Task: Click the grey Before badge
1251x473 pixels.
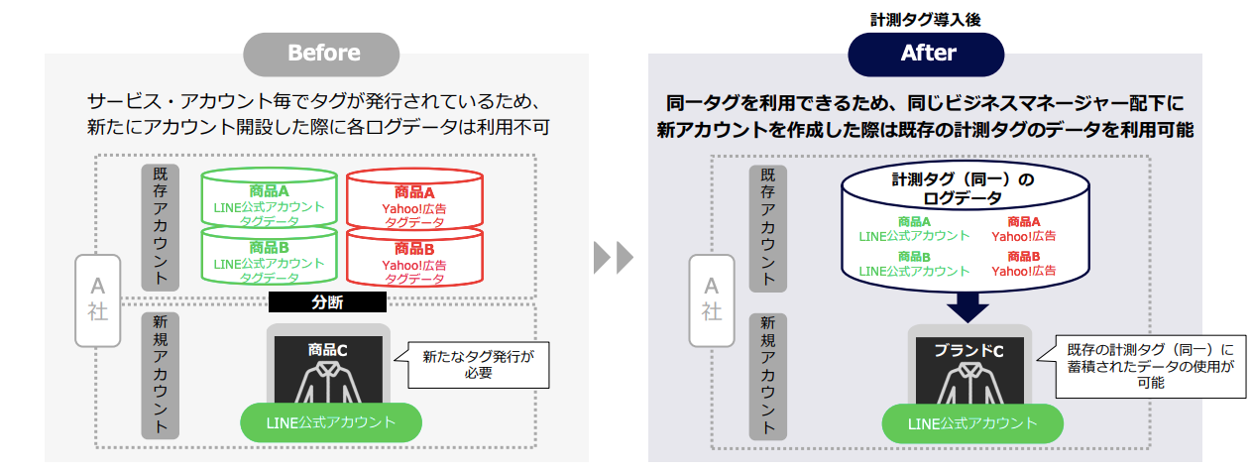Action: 322,54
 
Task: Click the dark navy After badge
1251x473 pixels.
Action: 926,54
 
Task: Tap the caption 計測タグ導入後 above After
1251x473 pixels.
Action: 926,18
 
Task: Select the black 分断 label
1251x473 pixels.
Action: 327,302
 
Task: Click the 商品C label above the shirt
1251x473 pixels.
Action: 327,349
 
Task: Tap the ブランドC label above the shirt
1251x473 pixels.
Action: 969,350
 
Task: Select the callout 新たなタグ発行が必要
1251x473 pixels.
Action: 472,364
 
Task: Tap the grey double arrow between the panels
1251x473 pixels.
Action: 614,258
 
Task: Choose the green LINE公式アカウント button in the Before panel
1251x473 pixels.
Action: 331,422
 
